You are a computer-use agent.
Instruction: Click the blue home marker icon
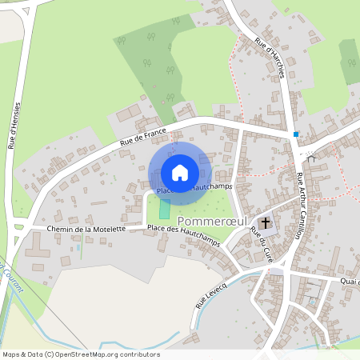[x=180, y=172]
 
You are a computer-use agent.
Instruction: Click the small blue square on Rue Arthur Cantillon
[x=296, y=134]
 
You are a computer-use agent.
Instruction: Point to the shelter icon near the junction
[x=311, y=158]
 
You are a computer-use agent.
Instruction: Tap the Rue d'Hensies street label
[x=14, y=126]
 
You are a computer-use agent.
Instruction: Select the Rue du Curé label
[x=258, y=241]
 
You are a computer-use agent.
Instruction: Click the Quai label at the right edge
[x=350, y=281]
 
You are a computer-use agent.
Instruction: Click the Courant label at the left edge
[x=8, y=272]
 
